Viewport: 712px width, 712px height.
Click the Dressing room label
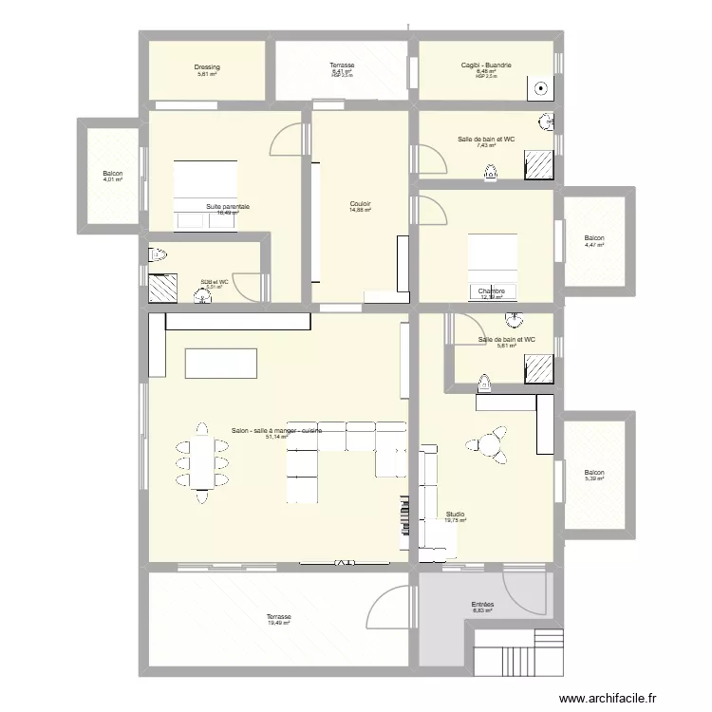(x=207, y=67)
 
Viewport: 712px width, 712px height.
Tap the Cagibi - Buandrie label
(x=486, y=66)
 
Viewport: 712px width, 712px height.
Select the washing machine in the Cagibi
(x=540, y=88)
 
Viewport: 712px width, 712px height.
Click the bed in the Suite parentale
(x=205, y=181)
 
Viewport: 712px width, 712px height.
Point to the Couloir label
(x=360, y=203)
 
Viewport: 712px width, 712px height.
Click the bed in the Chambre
(x=493, y=256)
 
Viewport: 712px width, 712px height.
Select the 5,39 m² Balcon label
(x=594, y=473)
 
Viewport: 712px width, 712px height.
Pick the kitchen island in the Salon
(x=221, y=363)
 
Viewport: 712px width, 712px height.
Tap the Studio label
(x=456, y=514)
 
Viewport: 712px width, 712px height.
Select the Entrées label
(x=482, y=605)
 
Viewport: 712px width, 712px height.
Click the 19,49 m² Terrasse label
(x=279, y=617)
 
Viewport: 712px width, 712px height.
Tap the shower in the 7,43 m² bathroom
(x=540, y=165)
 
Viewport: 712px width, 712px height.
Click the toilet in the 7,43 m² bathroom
(x=490, y=172)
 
